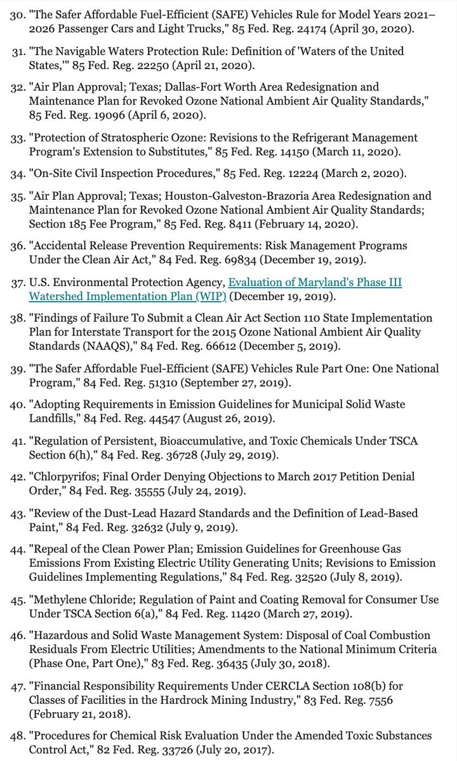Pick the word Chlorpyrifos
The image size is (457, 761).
point(66,476)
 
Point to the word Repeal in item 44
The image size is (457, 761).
point(51,549)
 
